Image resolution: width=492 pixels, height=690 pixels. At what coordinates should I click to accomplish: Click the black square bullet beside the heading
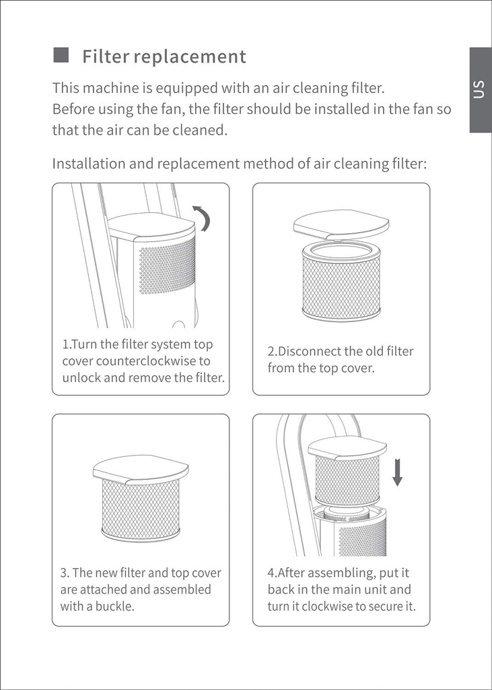(x=61, y=55)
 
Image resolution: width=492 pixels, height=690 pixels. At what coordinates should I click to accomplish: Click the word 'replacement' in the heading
(x=190, y=57)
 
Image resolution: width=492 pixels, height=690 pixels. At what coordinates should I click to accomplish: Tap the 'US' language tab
(x=479, y=90)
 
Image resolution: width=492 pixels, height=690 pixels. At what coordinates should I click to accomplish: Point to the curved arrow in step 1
(x=202, y=218)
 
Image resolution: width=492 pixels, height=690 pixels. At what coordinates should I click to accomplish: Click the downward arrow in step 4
(x=397, y=471)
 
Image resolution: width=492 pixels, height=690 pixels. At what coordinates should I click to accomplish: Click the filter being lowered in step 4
(x=347, y=480)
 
